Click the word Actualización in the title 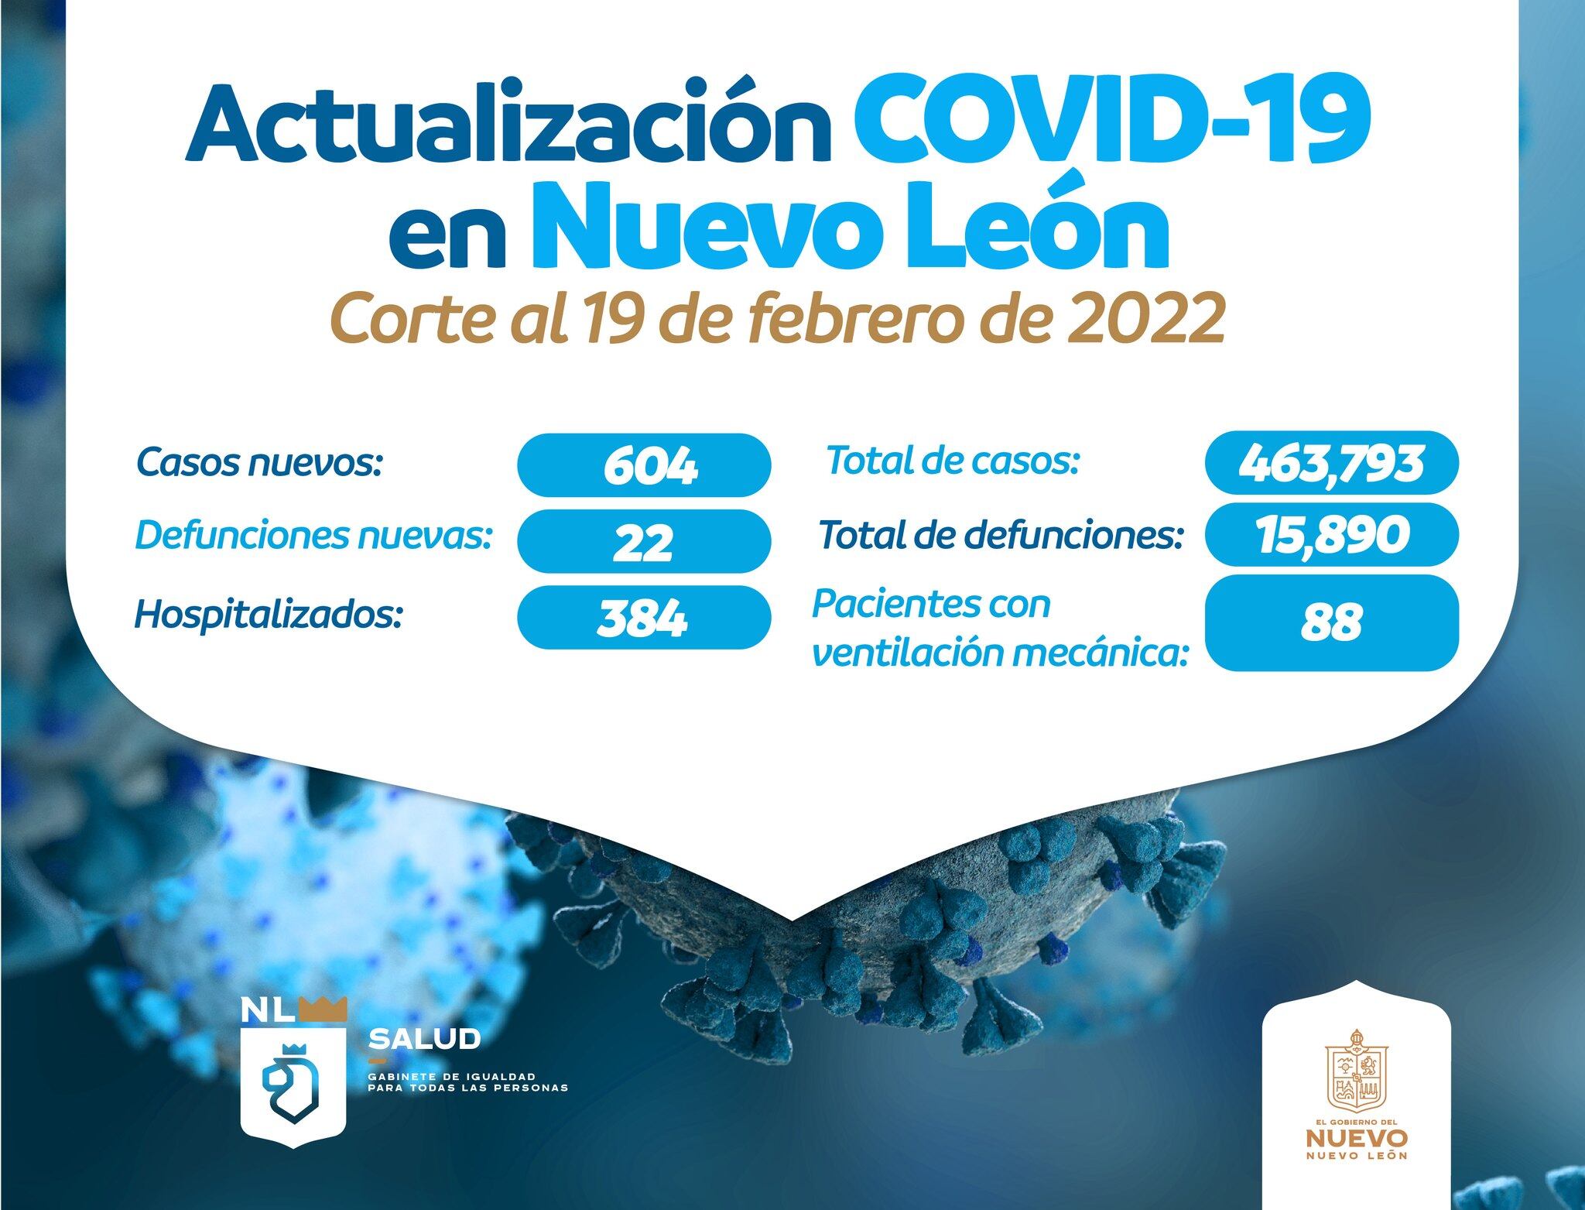507,124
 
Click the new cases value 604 650,466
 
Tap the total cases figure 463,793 1331,463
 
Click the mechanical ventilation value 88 1331,622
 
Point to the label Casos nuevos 260,463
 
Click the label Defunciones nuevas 314,535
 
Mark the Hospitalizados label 269,615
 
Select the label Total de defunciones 1001,535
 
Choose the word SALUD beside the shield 425,1039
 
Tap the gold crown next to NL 322,1009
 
